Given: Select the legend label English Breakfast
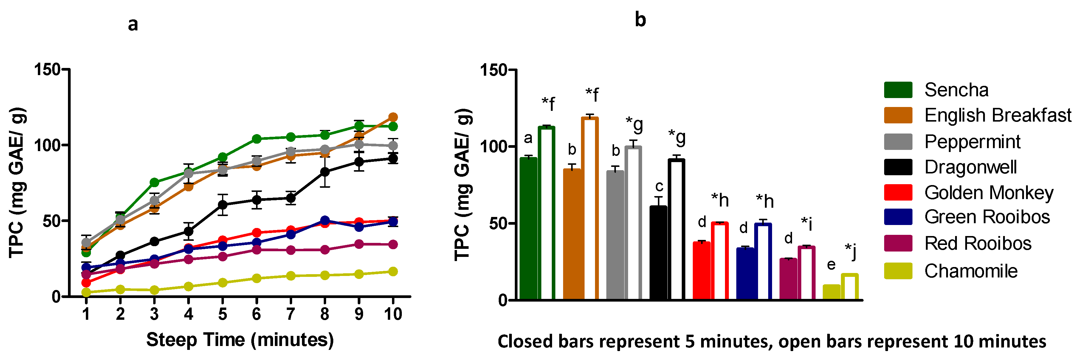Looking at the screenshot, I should (x=997, y=115).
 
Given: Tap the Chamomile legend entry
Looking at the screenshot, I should (x=971, y=271).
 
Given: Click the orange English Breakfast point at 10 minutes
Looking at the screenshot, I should (x=393, y=117).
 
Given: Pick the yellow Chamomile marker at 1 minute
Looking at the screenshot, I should (x=86, y=292).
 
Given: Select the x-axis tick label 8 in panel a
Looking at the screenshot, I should (x=325, y=314).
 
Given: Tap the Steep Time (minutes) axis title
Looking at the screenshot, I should (x=240, y=340).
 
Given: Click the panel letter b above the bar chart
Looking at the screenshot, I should (x=640, y=20).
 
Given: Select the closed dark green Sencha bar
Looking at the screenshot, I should (x=528, y=228).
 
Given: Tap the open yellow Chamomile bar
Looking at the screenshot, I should (x=849, y=287).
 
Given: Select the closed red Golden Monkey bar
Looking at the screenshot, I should (x=701, y=270).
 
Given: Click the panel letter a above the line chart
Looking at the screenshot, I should (x=133, y=24).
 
